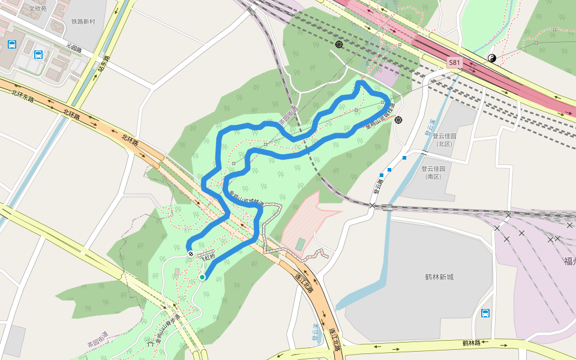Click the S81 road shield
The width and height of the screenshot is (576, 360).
click(x=454, y=62)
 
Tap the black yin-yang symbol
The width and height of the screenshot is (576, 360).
click(x=491, y=58)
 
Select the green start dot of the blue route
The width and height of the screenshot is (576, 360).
click(x=203, y=277)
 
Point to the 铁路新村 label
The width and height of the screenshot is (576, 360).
click(x=84, y=22)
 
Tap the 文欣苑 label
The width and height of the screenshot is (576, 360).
click(x=37, y=10)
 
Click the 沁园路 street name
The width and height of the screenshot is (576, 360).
click(x=74, y=47)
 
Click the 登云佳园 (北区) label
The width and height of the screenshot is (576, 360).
click(x=444, y=140)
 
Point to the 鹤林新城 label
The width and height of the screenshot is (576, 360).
click(x=439, y=277)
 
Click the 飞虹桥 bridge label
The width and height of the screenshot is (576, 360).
click(x=208, y=257)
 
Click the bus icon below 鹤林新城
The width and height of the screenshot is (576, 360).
click(x=485, y=313)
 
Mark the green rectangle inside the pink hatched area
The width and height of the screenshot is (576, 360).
click(x=300, y=244)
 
